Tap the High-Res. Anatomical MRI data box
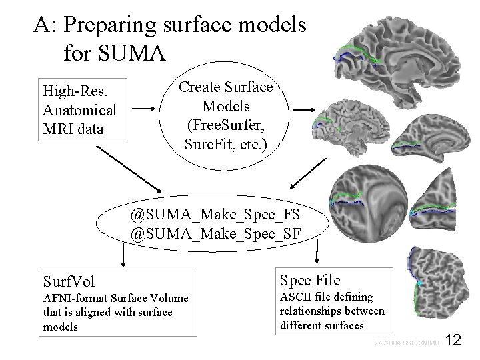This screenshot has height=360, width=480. point(79,109)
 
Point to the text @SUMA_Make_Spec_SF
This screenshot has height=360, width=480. point(215,234)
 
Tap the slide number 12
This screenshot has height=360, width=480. point(453,341)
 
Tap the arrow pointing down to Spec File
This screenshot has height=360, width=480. point(317,252)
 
